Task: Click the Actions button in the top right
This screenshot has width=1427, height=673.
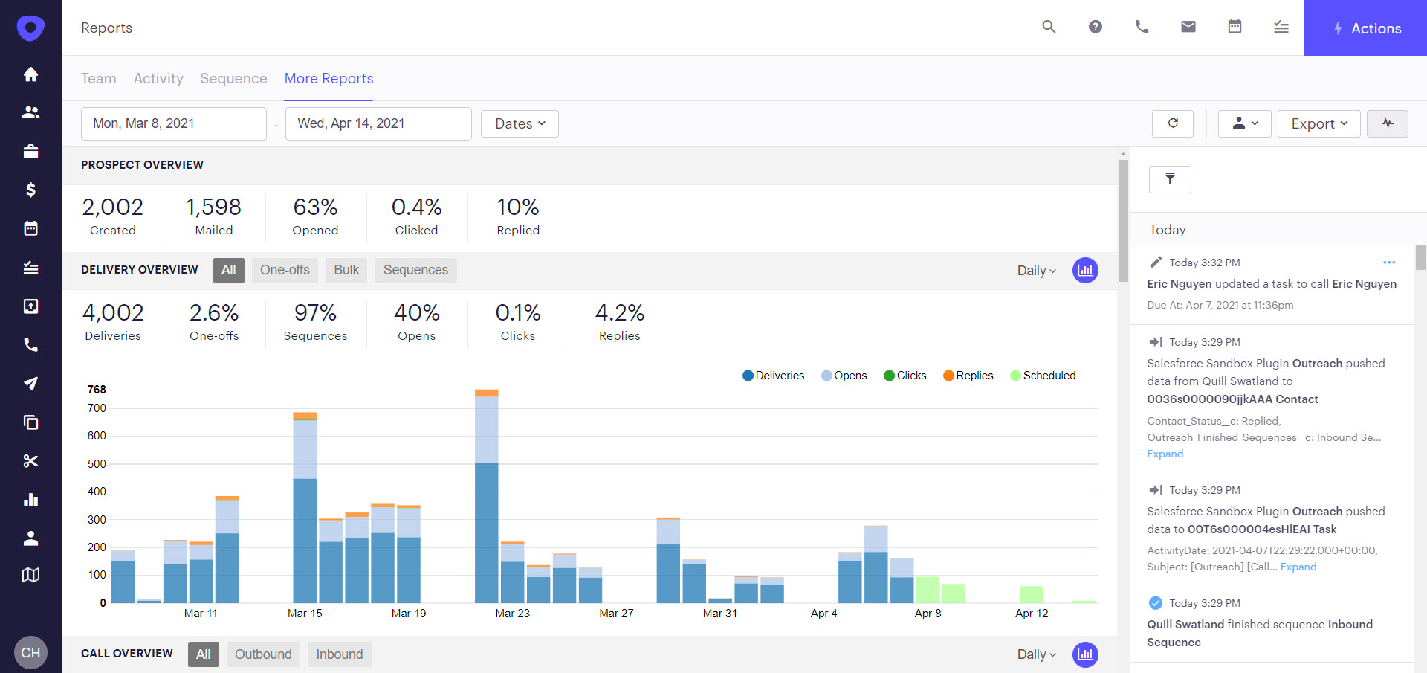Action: tap(1365, 28)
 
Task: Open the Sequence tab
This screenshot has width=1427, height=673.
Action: tap(233, 78)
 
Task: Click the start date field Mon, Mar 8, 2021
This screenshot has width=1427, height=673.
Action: tap(173, 123)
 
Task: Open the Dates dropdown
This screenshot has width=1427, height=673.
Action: tap(520, 123)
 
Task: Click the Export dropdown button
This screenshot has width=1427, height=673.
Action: tap(1318, 123)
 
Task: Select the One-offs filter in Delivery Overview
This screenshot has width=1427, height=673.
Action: tap(285, 270)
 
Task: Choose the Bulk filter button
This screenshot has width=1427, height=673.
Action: tap(346, 270)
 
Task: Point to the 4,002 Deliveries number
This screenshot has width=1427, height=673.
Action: tap(113, 313)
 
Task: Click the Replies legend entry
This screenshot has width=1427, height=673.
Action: tap(968, 376)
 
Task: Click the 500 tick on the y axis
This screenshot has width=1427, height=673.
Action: tap(97, 464)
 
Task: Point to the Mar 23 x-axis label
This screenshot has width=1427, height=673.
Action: tap(513, 614)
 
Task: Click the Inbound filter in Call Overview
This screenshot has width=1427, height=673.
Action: tap(340, 654)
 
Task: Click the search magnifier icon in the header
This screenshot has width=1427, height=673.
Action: tap(1049, 28)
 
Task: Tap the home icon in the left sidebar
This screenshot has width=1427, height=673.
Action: tap(30, 74)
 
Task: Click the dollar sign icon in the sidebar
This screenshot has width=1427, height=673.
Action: tap(30, 190)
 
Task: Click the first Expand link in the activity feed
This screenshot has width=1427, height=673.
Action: tap(1165, 454)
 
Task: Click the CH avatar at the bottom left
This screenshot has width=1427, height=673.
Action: tap(30, 652)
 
